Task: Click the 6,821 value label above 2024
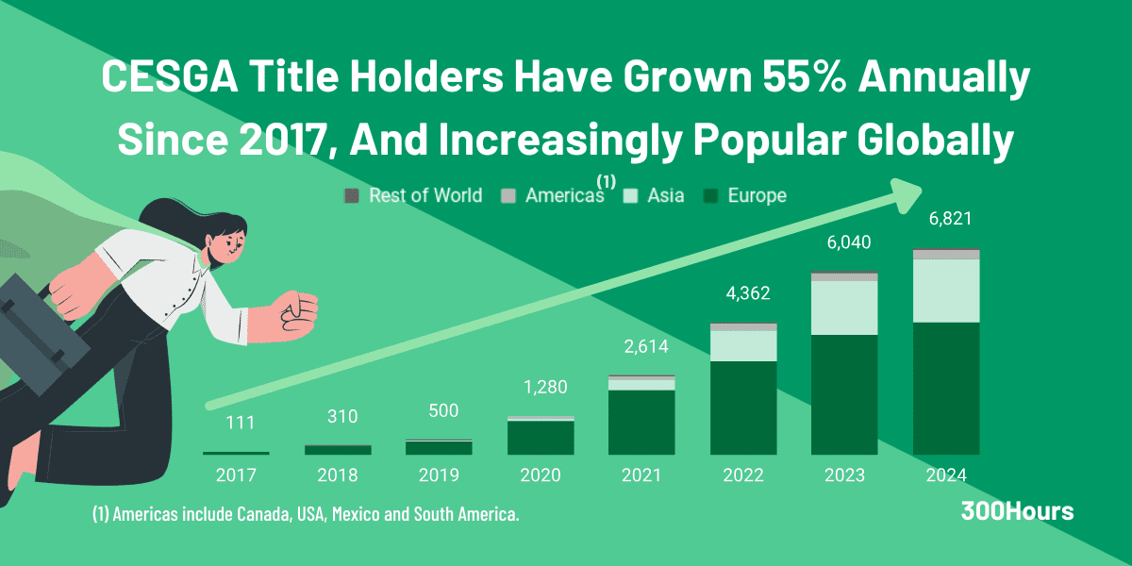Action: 946,219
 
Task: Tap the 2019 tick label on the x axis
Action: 439,474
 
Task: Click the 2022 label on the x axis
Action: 743,474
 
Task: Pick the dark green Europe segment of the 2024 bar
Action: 946,388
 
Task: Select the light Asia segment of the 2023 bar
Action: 844,308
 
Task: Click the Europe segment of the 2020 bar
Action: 541,438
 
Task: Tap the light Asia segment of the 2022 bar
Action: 743,345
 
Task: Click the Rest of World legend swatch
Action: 352,196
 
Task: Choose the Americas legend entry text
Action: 563,196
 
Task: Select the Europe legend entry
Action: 757,196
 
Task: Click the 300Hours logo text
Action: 1016,512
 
